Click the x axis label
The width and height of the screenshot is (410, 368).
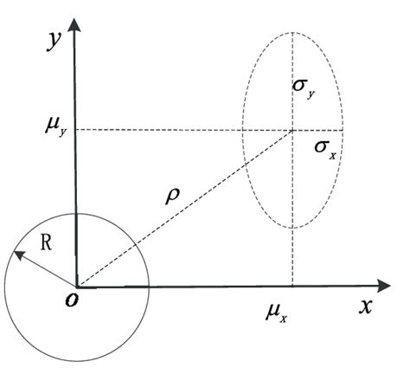tap(366, 307)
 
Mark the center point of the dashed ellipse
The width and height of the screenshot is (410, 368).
tap(293, 131)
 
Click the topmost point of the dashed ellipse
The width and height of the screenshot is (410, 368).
tap(293, 32)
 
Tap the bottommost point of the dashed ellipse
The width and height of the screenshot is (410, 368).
tap(293, 229)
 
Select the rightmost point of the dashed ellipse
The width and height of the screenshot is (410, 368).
tap(343, 131)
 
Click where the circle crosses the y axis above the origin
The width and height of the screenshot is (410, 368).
tap(77, 213)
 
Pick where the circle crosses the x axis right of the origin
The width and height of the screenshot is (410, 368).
tap(150, 286)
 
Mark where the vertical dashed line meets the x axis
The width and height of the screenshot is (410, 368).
tap(293, 286)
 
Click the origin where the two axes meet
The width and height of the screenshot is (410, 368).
tap(77, 286)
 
